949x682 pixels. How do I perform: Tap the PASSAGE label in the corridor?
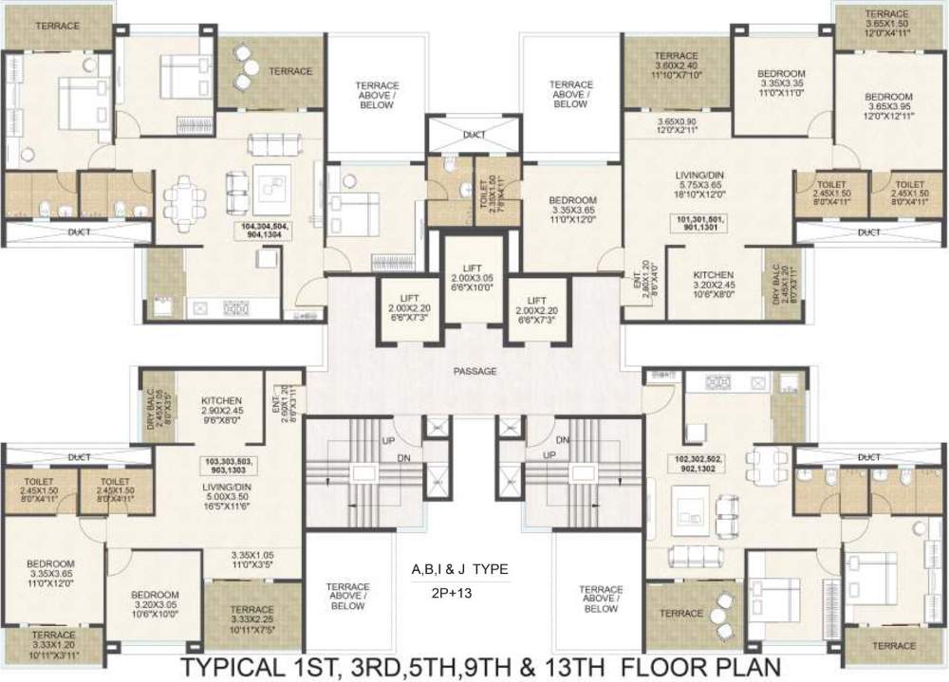(x=474, y=371)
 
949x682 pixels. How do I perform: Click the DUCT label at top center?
(x=474, y=136)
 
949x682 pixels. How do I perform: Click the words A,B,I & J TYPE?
(x=459, y=569)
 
